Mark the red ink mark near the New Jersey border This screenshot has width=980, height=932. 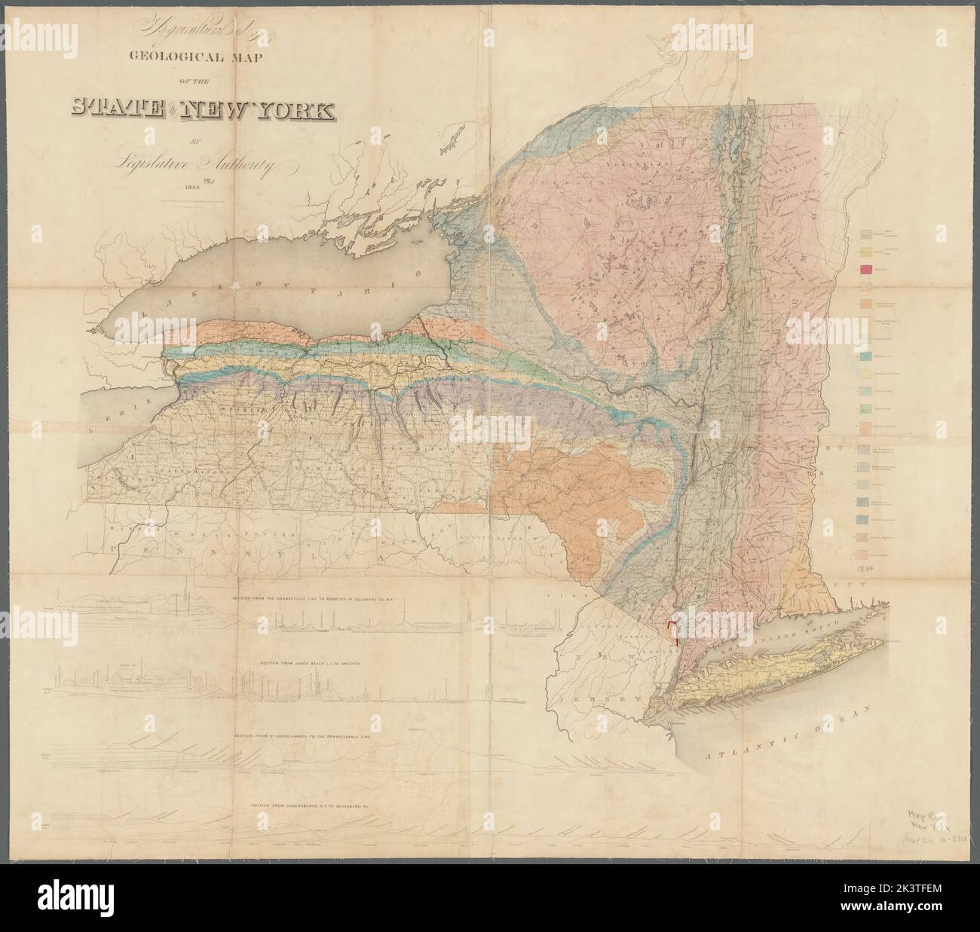[672, 628]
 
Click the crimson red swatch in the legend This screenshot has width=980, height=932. [865, 270]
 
